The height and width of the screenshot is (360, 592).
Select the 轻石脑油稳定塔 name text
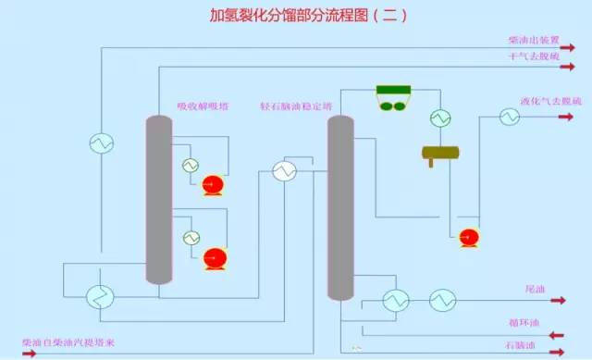pyautogui.click(x=295, y=106)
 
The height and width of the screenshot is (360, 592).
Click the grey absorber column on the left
pyautogui.click(x=159, y=199)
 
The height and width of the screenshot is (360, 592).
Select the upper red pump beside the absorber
pyautogui.click(x=215, y=185)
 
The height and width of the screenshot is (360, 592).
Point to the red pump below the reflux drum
pyautogui.click(x=468, y=239)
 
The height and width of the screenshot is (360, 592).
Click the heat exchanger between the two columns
pyautogui.click(x=284, y=170)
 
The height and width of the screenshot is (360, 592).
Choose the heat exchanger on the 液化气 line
pyautogui.click(x=510, y=117)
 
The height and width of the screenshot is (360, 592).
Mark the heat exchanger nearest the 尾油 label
pyautogui.click(x=442, y=300)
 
